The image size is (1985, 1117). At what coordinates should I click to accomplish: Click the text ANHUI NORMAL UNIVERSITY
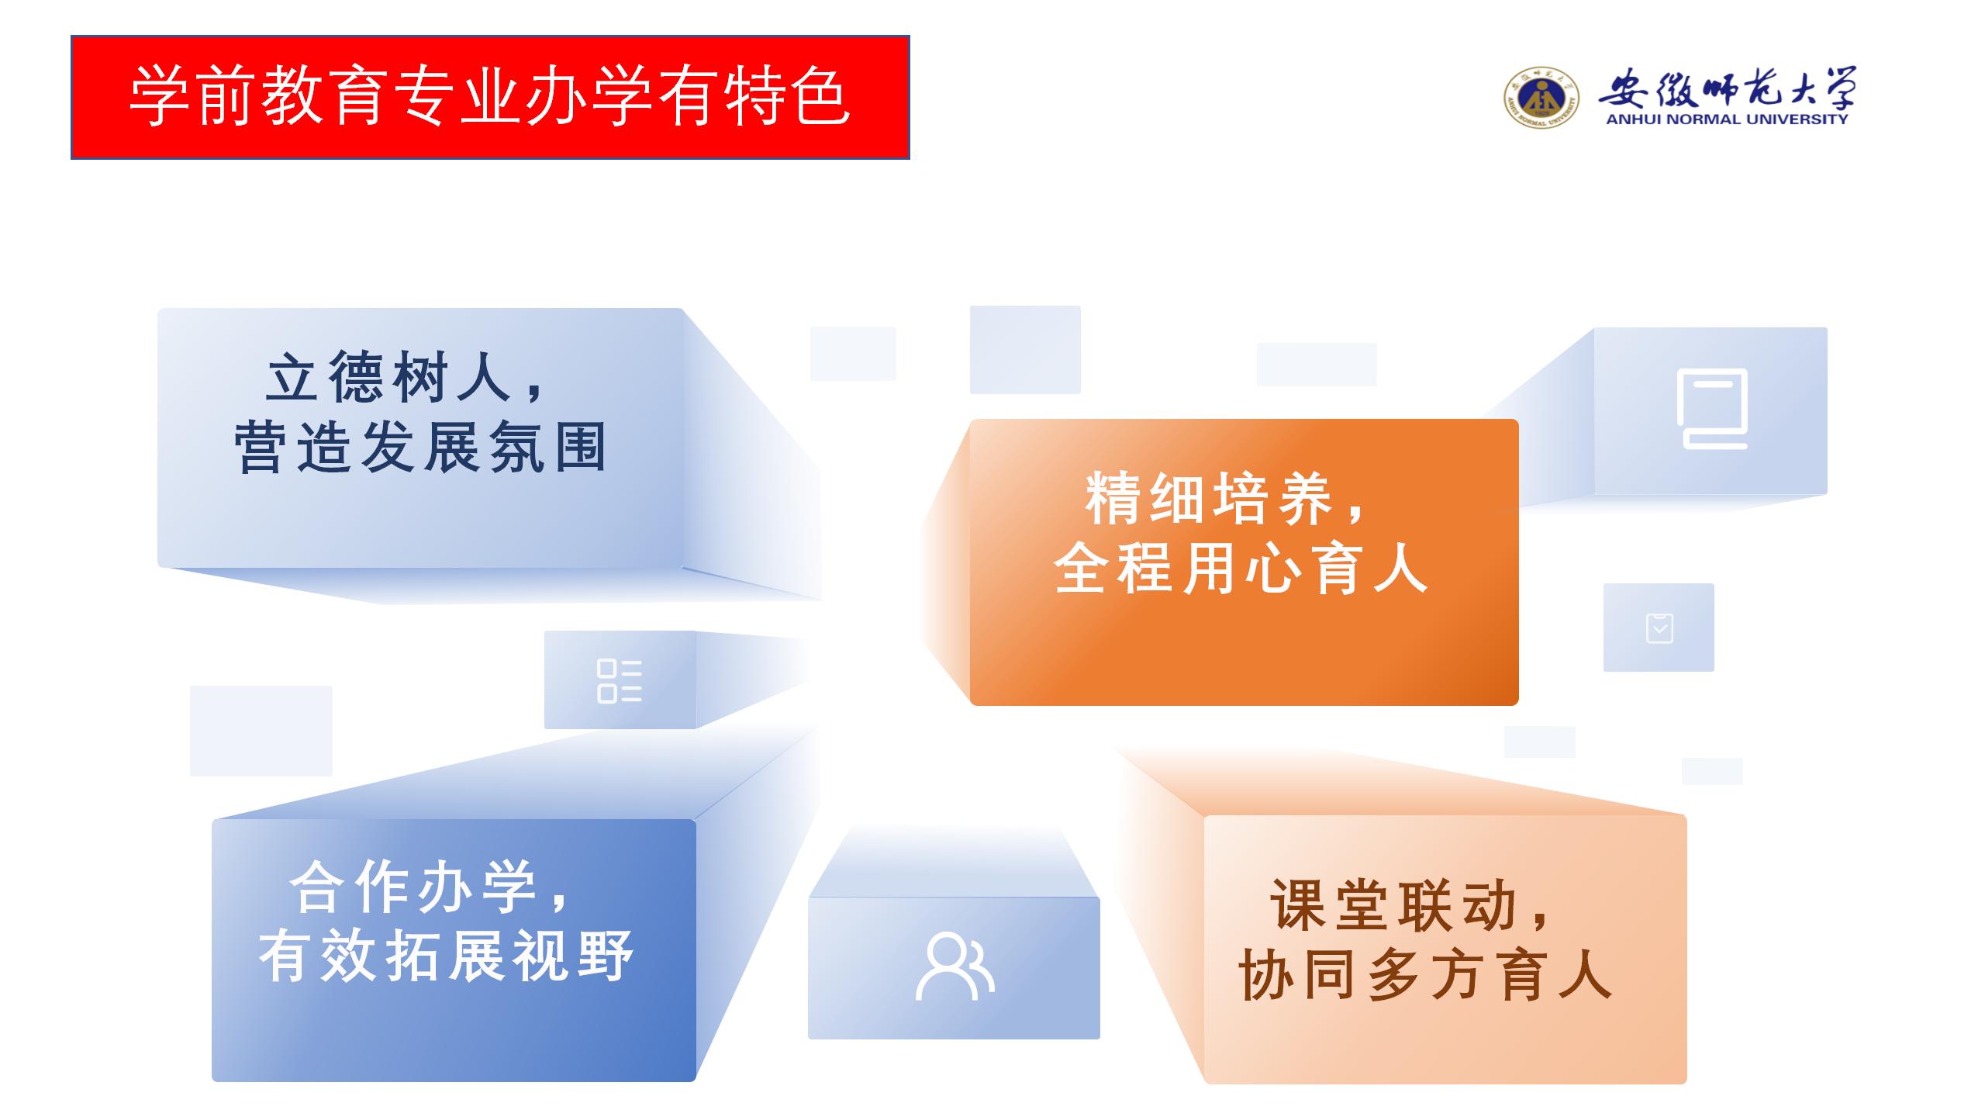(x=1727, y=119)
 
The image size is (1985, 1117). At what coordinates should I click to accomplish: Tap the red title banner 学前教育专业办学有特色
(x=490, y=97)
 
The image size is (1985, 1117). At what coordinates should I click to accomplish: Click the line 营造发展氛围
(x=420, y=448)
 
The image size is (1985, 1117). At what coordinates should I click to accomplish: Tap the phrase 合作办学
(x=413, y=887)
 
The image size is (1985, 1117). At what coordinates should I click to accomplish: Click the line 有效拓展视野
(x=447, y=956)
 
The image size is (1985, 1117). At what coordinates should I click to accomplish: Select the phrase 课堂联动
(x=1394, y=904)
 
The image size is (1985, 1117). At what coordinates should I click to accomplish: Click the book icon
(x=1712, y=409)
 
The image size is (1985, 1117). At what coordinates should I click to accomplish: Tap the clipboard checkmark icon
(x=1659, y=628)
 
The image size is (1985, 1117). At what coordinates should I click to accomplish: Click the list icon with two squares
(x=620, y=681)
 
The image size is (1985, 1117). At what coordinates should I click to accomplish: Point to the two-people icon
(x=955, y=967)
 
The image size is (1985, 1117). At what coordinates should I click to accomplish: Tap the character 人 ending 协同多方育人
(x=1587, y=975)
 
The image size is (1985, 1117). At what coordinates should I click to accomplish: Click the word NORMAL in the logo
(x=1701, y=119)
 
